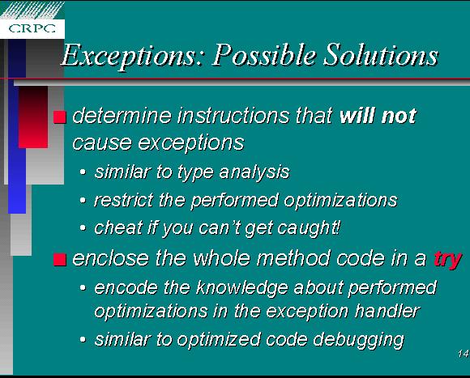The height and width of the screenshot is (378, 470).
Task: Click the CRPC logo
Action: [x=32, y=28]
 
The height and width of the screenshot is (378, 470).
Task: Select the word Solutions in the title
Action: [x=382, y=54]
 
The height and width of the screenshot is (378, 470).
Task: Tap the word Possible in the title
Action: [x=264, y=54]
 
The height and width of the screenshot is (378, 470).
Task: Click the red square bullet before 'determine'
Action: [x=60, y=117]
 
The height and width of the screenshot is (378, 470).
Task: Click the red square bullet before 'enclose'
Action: [x=60, y=260]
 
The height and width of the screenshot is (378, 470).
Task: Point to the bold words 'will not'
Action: [x=378, y=116]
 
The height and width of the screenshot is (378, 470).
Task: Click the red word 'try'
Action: [x=448, y=260]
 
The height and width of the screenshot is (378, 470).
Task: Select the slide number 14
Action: [x=464, y=354]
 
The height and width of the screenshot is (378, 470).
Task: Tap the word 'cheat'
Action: [x=118, y=227]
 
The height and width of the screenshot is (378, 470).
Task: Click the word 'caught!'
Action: [x=309, y=228]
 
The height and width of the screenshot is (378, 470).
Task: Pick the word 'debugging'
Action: [x=358, y=340]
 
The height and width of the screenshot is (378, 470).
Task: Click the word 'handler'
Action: [x=387, y=311]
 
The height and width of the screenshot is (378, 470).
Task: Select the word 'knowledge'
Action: [x=243, y=288]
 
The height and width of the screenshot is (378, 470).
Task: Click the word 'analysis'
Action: [x=254, y=172]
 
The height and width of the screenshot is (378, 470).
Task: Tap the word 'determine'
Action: [x=122, y=116]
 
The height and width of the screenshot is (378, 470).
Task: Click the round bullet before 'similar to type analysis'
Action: [x=83, y=172]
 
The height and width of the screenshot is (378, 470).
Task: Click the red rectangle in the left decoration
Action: [x=33, y=117]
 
